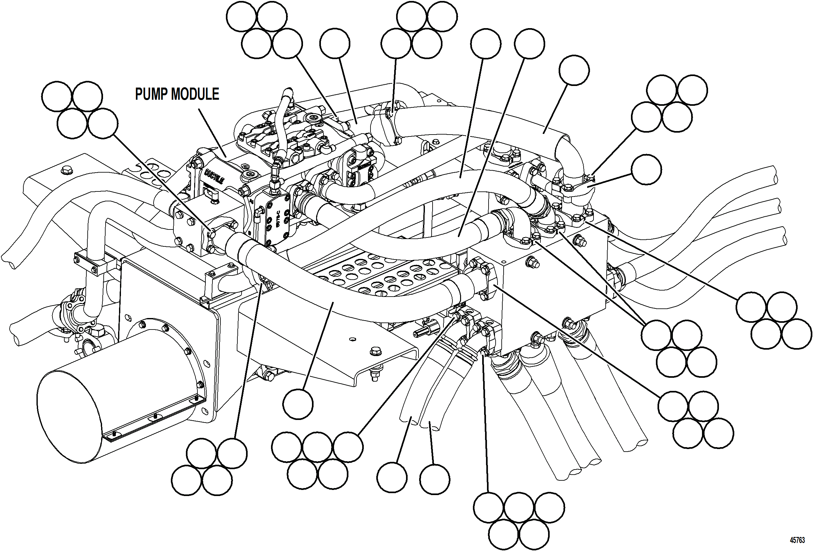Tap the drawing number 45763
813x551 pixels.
[797, 540]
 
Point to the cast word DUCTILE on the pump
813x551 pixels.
[214, 176]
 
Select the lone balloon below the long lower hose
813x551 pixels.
[298, 404]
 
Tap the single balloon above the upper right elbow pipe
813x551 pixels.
[574, 70]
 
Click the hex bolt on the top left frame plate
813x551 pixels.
[65, 170]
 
